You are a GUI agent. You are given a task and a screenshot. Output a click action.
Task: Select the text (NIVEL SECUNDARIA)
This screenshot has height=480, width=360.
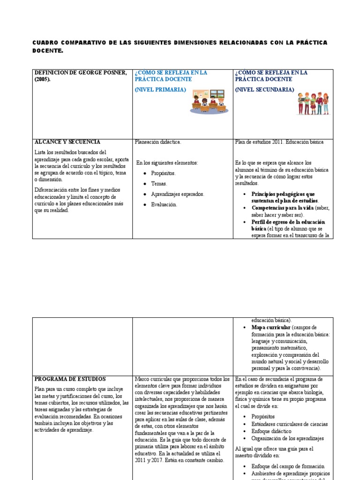(x=264, y=90)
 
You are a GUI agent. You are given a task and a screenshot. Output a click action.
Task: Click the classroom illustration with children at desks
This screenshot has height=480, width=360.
(x=209, y=101)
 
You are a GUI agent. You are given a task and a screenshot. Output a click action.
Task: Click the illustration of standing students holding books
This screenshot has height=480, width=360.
(x=313, y=103)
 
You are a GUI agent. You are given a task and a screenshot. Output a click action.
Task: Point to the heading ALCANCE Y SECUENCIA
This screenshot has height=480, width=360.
(x=67, y=142)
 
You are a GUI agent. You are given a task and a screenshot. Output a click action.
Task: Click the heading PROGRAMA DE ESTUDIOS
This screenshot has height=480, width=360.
(x=70, y=379)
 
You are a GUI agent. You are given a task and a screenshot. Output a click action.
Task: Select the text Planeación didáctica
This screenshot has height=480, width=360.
(x=157, y=142)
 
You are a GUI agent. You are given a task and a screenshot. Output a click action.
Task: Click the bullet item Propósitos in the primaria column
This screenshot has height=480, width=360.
(x=163, y=173)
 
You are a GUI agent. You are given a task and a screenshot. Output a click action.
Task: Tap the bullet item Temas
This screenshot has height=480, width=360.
(x=159, y=184)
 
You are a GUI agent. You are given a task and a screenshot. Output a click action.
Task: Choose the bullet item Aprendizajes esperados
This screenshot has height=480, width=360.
(x=178, y=194)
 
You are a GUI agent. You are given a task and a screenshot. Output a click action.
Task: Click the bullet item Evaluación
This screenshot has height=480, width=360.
(x=164, y=204)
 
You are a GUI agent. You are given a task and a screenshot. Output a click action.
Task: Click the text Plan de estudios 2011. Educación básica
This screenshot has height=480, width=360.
(x=279, y=142)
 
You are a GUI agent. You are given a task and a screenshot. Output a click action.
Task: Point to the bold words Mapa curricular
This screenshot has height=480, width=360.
(x=270, y=327)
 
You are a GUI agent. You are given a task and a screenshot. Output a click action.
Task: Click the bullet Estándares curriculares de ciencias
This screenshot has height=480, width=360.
(x=289, y=424)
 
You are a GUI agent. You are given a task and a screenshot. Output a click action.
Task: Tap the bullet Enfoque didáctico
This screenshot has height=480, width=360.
(x=271, y=431)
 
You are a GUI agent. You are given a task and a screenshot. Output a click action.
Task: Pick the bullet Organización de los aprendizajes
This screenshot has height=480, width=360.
(x=287, y=438)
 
